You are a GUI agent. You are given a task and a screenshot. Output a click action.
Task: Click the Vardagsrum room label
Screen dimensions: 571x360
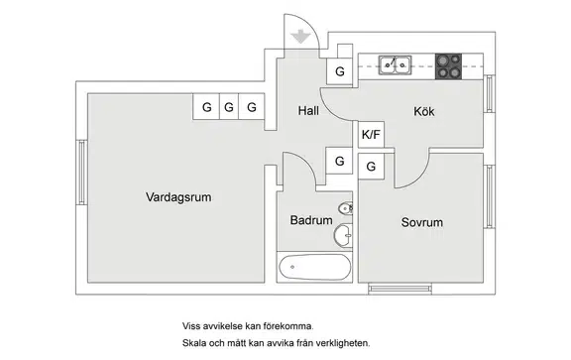tap(178, 197)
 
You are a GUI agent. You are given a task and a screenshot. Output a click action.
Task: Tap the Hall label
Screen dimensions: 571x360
tap(308, 111)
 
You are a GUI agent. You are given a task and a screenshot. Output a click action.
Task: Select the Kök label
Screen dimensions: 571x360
tap(424, 111)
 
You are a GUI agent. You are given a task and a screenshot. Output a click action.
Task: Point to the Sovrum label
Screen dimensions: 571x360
tap(422, 222)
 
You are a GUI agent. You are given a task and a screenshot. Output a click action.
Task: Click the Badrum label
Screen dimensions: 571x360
tap(311, 220)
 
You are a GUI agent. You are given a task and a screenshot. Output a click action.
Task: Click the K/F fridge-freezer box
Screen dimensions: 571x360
tap(371, 135)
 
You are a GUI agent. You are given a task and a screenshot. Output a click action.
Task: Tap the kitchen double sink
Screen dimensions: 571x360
tap(396, 65)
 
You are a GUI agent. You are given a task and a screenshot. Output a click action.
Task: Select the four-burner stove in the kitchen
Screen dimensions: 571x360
tap(448, 66)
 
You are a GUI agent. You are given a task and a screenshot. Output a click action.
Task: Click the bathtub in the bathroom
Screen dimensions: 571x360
tap(314, 267)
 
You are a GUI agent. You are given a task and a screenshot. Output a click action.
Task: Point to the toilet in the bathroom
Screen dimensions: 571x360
tap(345, 209)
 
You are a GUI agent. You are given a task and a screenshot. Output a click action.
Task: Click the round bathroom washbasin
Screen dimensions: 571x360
tap(343, 236)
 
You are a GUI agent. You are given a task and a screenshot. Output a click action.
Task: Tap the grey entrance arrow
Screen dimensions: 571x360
tap(300, 37)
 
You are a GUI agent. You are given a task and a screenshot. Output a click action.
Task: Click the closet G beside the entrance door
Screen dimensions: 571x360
tap(339, 71)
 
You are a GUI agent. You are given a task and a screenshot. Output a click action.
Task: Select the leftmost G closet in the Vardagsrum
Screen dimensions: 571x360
tap(206, 107)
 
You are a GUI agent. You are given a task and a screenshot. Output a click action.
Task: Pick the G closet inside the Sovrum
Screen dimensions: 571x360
tap(371, 167)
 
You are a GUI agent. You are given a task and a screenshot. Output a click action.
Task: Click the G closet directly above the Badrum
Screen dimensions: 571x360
tap(339, 161)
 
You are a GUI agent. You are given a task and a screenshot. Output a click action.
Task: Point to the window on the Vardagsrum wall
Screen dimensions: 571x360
tap(81, 173)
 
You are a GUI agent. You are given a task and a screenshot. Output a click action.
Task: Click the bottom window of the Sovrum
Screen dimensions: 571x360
tap(400, 289)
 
